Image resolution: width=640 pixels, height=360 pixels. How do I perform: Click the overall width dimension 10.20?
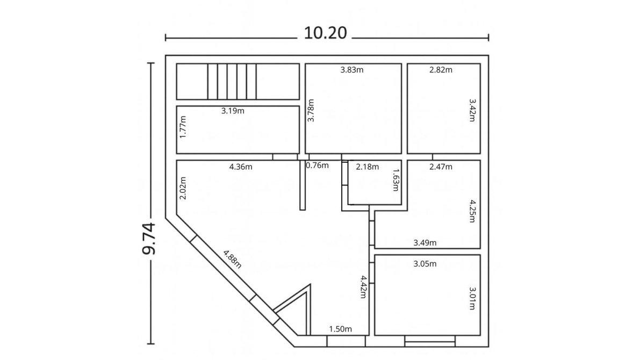click(325, 33)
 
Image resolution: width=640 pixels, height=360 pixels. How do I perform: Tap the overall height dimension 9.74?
click(148, 239)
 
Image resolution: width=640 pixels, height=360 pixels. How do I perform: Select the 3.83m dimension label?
click(352, 70)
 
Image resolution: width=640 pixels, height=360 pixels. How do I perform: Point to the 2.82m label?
click(441, 70)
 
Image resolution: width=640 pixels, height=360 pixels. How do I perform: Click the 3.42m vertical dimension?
click(472, 110)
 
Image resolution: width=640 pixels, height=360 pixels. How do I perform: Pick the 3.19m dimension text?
click(233, 111)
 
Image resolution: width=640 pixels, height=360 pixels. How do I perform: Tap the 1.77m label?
click(183, 127)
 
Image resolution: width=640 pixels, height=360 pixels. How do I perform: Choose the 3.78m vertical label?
click(311, 111)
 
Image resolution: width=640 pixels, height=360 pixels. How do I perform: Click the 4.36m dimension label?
click(241, 167)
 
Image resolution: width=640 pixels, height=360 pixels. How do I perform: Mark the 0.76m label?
click(317, 165)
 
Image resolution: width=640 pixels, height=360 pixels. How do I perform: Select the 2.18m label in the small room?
click(368, 167)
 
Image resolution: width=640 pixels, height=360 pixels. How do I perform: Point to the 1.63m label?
click(395, 180)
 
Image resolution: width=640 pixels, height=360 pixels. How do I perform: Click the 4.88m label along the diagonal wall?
click(232, 259)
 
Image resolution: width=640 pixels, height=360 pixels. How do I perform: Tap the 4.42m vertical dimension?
click(363, 286)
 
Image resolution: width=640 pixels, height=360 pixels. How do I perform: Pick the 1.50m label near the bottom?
click(340, 329)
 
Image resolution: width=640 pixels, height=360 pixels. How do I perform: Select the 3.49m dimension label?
click(425, 243)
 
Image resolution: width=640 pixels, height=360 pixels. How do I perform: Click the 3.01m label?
click(472, 298)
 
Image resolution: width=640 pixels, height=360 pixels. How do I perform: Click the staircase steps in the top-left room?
click(232, 81)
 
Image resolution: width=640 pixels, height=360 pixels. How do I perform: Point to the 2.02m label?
click(183, 188)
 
